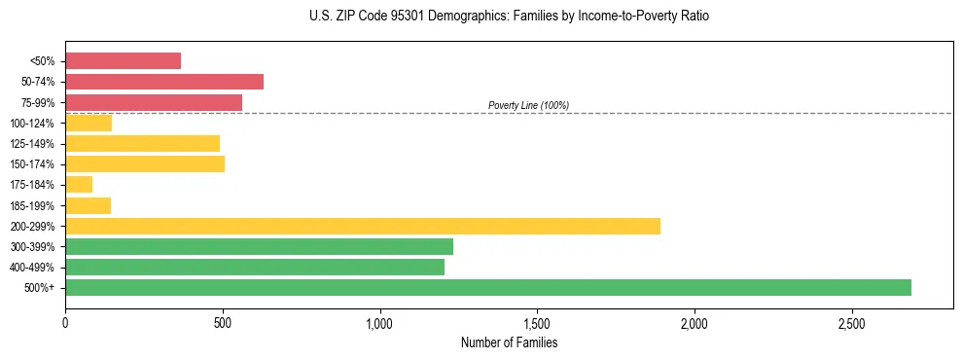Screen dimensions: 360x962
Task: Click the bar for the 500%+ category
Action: click(487, 287)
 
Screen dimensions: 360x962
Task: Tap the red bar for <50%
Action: click(123, 60)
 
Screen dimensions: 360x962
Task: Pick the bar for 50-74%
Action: click(163, 81)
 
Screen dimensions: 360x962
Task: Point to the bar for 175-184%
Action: click(79, 184)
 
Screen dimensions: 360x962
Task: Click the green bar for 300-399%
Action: click(259, 246)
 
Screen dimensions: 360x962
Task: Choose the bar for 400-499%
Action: click(254, 267)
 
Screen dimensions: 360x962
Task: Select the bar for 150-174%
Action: click(144, 163)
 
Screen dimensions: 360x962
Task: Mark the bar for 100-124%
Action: click(89, 123)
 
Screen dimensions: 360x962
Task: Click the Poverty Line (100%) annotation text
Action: click(528, 105)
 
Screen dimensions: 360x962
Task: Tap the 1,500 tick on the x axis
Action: click(537, 323)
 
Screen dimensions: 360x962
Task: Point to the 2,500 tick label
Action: click(851, 323)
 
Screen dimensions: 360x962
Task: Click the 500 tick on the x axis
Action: click(223, 323)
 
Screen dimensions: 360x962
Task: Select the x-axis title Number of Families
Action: click(509, 342)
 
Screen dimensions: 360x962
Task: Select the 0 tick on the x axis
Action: click(65, 323)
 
